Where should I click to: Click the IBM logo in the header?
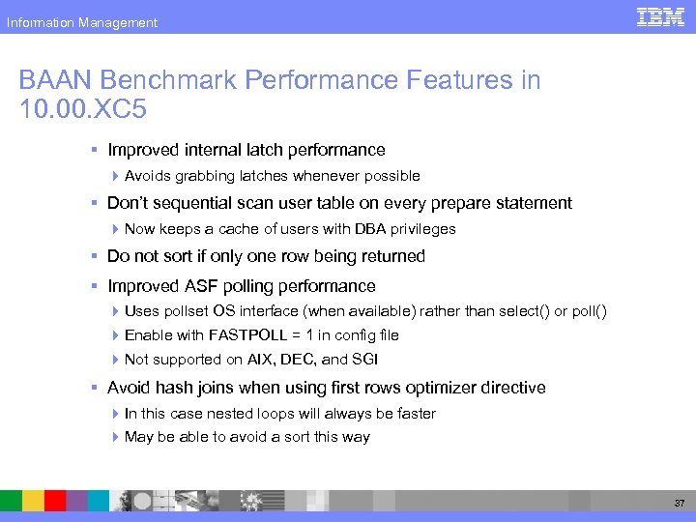tap(661, 16)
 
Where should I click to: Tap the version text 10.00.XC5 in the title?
tap(82, 109)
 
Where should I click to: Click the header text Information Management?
tap(82, 22)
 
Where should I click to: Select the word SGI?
tap(362, 360)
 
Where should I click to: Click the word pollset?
tap(185, 311)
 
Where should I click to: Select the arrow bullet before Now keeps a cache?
tap(115, 229)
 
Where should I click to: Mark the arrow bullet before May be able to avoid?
tap(115, 437)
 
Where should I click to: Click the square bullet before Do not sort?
tap(95, 257)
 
